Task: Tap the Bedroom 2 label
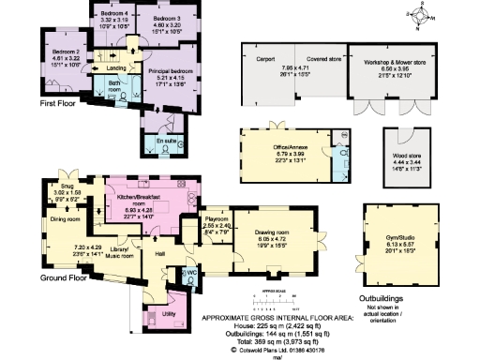64,50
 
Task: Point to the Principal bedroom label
170,71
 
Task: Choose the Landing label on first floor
116,68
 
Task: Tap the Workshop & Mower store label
388,59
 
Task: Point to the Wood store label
407,156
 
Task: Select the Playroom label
217,218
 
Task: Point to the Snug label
67,186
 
